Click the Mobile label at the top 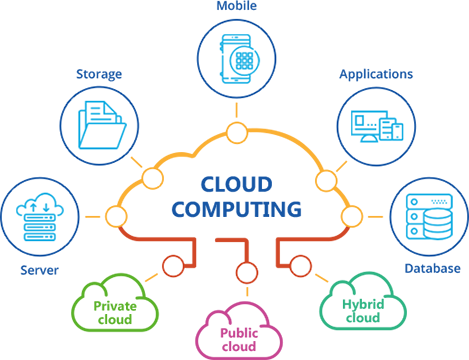(x=237, y=6)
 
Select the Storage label (x=99, y=74)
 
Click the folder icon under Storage (x=102, y=125)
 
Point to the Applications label (x=376, y=74)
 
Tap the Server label (x=39, y=270)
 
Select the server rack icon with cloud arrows (x=40, y=217)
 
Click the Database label (x=432, y=268)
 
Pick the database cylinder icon (x=438, y=224)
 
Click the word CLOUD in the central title (x=237, y=184)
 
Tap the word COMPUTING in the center (x=237, y=209)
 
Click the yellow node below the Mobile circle (x=237, y=133)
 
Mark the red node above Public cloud (x=247, y=272)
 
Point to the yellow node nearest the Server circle (x=116, y=216)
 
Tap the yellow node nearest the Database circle (x=352, y=216)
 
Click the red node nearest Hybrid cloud (x=300, y=266)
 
